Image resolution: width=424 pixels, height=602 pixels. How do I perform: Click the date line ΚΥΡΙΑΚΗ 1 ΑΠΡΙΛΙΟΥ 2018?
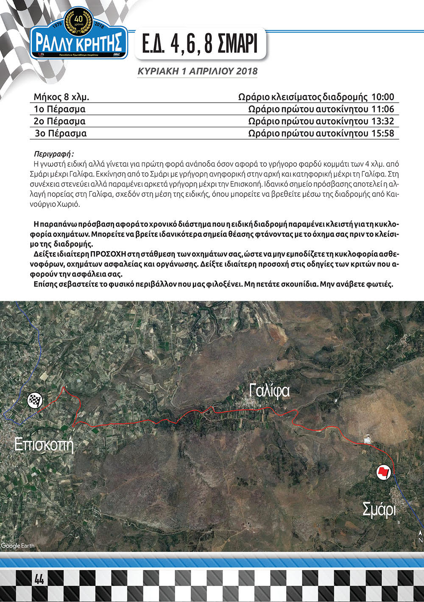(198, 71)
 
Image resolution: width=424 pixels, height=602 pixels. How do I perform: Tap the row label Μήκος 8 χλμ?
(61, 97)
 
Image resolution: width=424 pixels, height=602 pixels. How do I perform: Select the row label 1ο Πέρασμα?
(60, 109)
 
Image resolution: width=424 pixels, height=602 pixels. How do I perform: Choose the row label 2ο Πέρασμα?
(60, 121)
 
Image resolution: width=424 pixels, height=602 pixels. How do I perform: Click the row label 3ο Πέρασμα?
(61, 134)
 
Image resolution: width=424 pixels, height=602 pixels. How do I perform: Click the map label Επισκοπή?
(44, 445)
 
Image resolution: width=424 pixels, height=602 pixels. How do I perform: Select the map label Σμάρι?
(379, 509)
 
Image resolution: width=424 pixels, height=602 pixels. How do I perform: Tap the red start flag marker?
(383, 472)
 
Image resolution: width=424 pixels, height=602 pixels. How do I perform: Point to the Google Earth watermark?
(18, 546)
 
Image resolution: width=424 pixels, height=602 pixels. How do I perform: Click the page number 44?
(39, 579)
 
